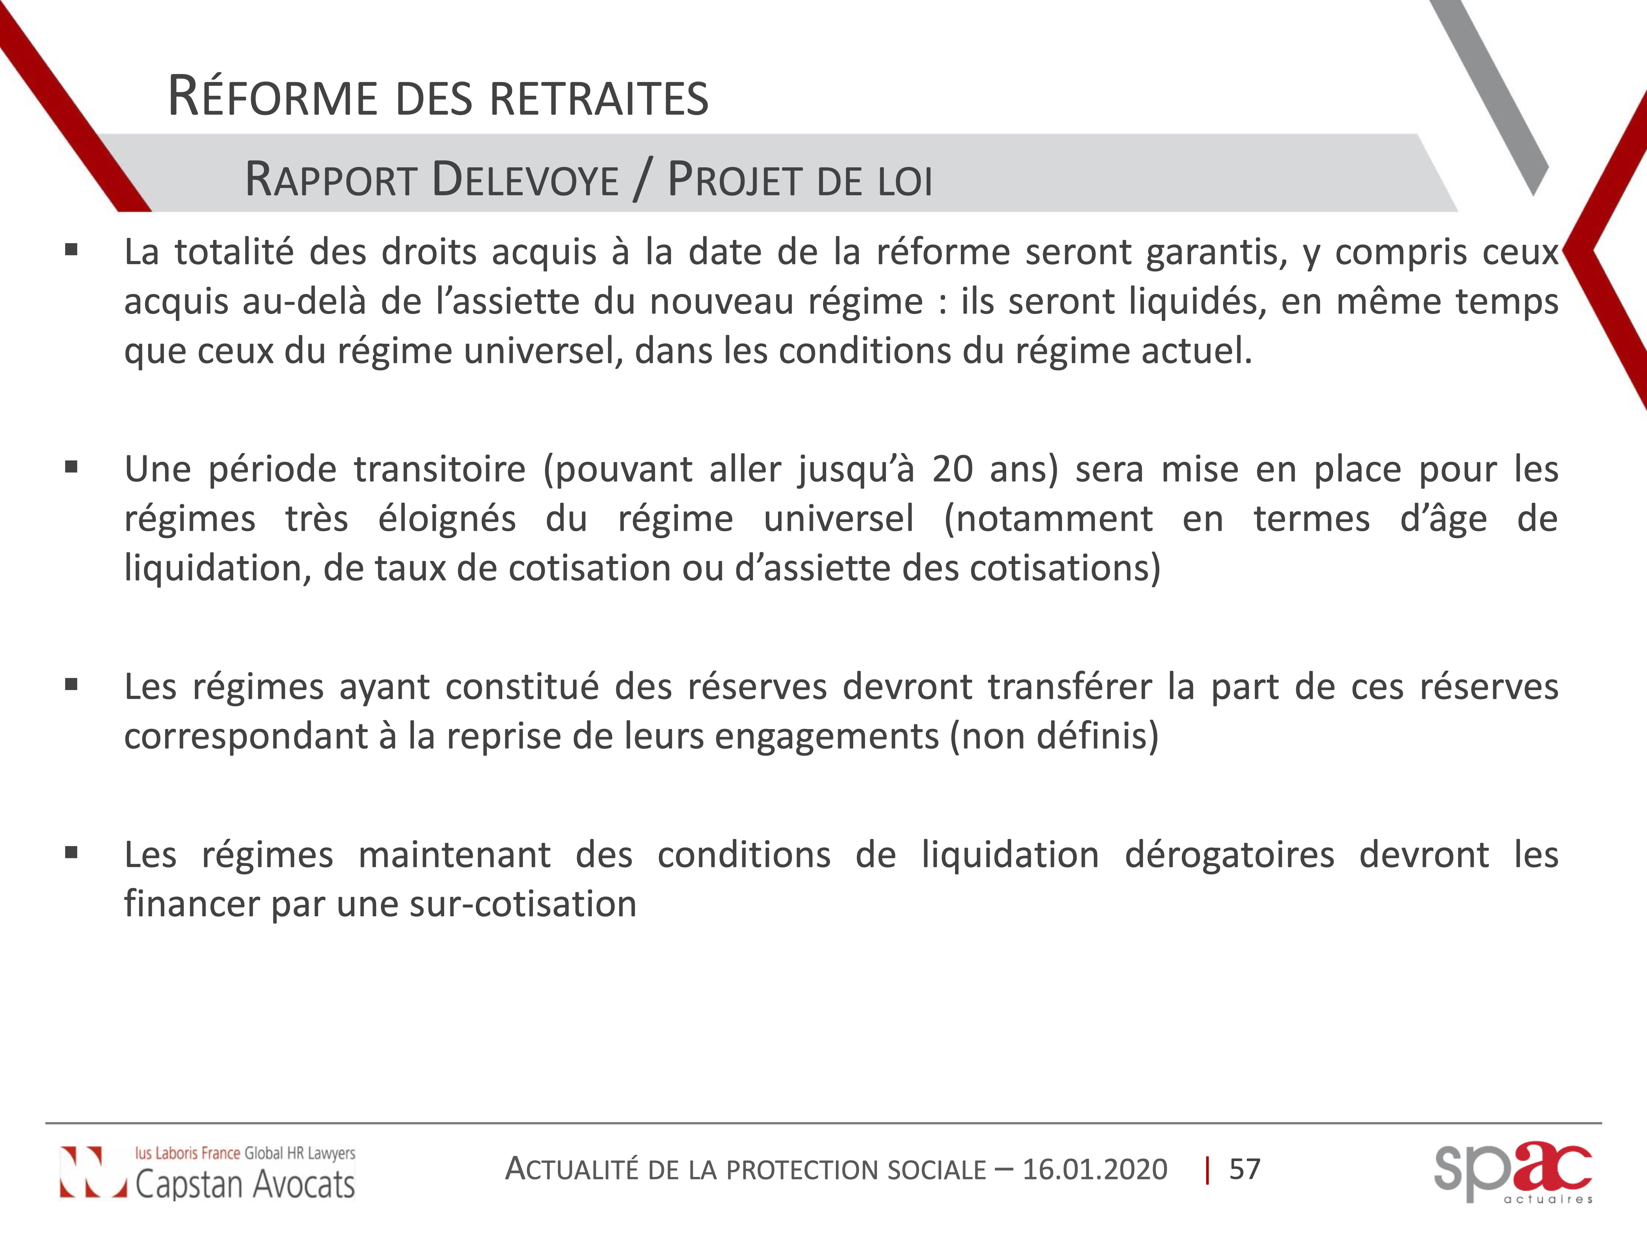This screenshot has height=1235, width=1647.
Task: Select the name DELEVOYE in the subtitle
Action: pos(525,180)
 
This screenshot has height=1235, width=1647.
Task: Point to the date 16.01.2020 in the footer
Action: pos(1095,1170)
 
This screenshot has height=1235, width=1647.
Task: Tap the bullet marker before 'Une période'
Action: pos(71,467)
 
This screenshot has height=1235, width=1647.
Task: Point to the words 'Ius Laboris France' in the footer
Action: pos(188,1153)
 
